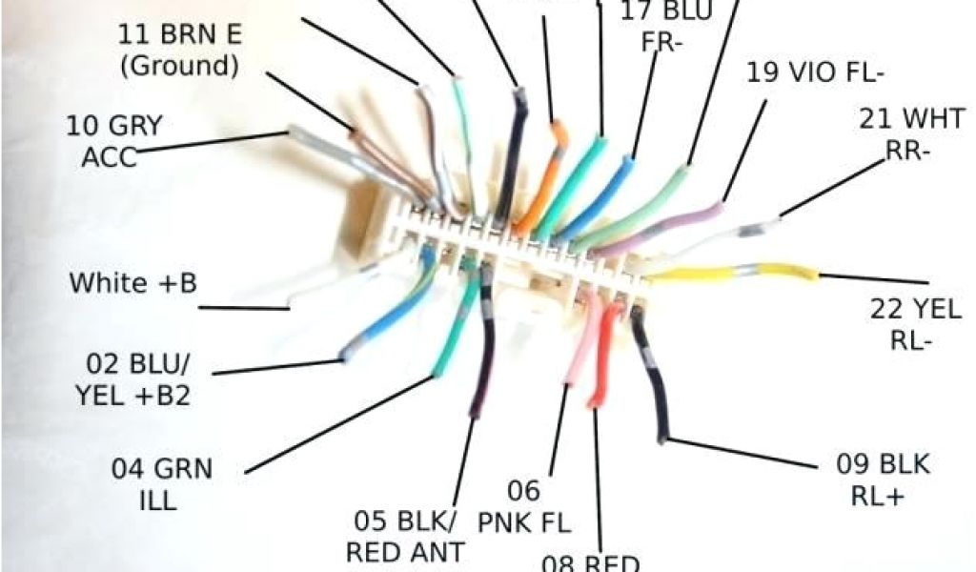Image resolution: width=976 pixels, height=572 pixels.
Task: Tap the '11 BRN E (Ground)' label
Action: point(179,51)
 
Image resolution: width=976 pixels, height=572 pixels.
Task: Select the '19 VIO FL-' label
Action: point(815,72)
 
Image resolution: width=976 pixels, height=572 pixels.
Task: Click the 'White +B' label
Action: point(132,283)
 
